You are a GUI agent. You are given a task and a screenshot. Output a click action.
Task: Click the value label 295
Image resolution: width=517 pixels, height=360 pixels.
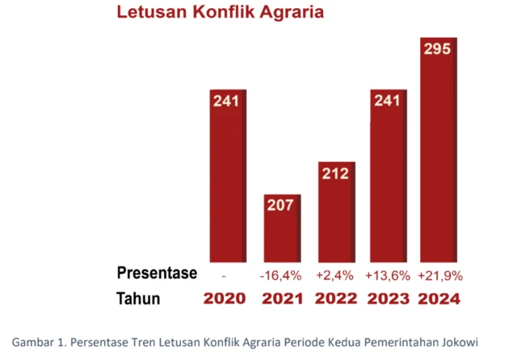coord(439,50)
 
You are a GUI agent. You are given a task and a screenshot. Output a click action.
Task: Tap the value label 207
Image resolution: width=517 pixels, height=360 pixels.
coord(280,206)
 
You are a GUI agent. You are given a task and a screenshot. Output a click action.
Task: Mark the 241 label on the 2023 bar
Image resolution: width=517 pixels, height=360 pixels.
coord(387,102)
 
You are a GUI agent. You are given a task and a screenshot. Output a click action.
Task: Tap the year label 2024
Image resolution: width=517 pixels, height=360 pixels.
coord(439,299)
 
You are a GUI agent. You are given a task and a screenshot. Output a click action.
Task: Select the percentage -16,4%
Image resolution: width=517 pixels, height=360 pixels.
coord(281,275)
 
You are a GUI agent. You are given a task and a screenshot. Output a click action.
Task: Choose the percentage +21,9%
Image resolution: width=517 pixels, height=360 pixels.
coord(439,275)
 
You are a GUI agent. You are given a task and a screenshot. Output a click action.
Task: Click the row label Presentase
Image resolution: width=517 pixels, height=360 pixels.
coord(157,274)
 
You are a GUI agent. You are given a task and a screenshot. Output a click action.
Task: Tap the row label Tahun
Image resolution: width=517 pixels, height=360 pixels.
coord(138,299)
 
